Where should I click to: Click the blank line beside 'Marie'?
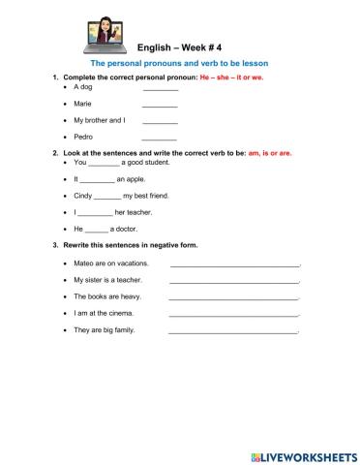tap(160, 105)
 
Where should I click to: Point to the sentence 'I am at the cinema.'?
tap(101, 313)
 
